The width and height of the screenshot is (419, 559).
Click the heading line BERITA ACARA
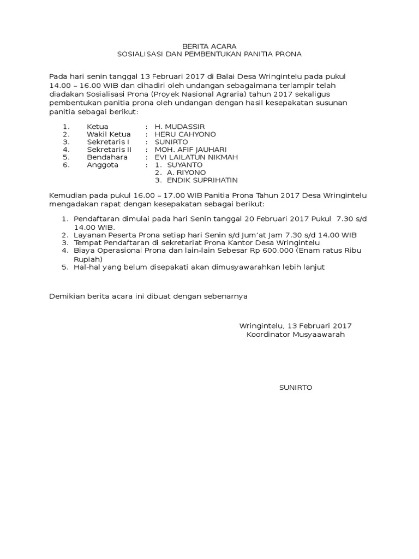pyautogui.click(x=209, y=46)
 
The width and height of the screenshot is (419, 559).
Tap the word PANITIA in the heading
pyautogui.click(x=260, y=55)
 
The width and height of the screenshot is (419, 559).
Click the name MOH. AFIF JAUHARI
pyautogui.click(x=190, y=150)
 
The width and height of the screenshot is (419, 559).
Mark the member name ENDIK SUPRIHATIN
pyautogui.click(x=202, y=180)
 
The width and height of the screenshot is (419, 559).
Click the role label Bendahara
pyautogui.click(x=107, y=157)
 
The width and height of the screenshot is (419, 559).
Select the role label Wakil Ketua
pyautogui.click(x=109, y=134)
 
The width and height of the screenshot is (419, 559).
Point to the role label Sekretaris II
pyautogui.click(x=109, y=150)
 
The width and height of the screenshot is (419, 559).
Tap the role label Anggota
pyautogui.click(x=103, y=165)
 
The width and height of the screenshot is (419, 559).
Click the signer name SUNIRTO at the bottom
pyautogui.click(x=295, y=387)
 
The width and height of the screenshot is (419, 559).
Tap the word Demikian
pyautogui.click(x=66, y=296)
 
